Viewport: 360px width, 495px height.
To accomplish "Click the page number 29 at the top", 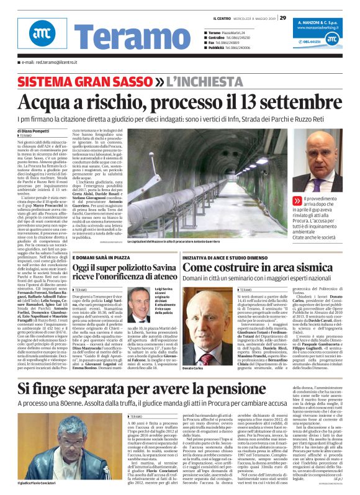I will click(x=282, y=17).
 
